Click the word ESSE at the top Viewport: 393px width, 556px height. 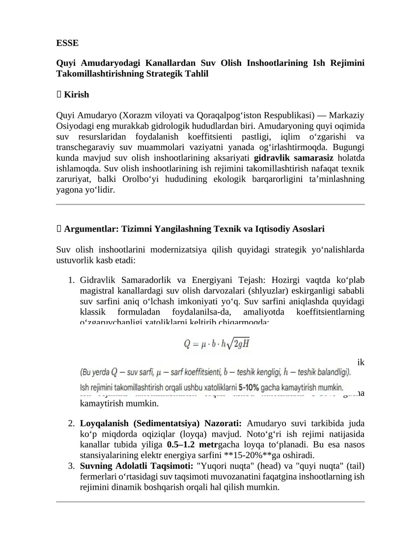pyautogui.click(x=67, y=43)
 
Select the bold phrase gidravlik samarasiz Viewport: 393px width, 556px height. pyautogui.click(x=293, y=158)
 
